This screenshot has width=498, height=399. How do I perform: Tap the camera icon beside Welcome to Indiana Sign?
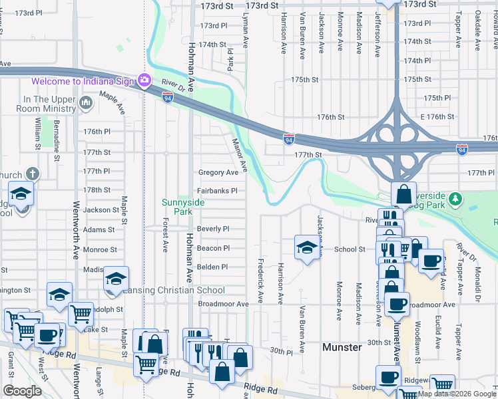tap(144, 80)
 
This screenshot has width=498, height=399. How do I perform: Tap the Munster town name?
tap(342, 347)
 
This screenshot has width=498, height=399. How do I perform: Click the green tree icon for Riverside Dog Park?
tap(455, 198)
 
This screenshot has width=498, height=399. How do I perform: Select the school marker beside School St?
tap(306, 247)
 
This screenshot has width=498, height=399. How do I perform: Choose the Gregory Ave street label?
tap(218, 172)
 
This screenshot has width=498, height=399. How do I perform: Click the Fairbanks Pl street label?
tap(217, 191)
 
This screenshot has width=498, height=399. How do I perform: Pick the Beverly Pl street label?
tap(213, 229)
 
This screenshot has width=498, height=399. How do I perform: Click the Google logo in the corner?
tap(22, 391)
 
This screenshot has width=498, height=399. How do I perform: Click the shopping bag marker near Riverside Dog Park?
tap(403, 194)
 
